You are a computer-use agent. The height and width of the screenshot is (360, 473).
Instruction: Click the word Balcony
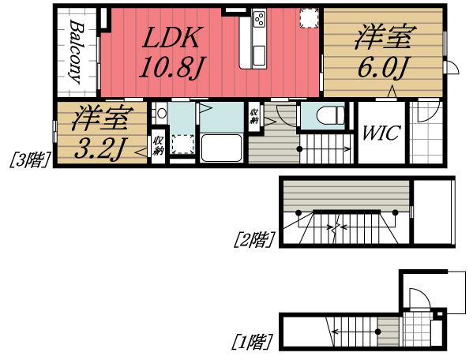click(x=77, y=52)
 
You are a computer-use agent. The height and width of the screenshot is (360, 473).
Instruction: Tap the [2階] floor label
click(x=253, y=237)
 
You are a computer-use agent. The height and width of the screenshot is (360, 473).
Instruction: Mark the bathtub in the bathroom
click(x=221, y=148)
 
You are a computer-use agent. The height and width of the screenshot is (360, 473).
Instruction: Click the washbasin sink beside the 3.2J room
click(x=161, y=114)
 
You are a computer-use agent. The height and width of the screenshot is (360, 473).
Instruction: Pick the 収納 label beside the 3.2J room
click(x=157, y=146)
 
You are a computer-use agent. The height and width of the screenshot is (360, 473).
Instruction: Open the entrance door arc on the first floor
click(x=419, y=298)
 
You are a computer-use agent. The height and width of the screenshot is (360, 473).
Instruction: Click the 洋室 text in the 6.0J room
click(x=381, y=38)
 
